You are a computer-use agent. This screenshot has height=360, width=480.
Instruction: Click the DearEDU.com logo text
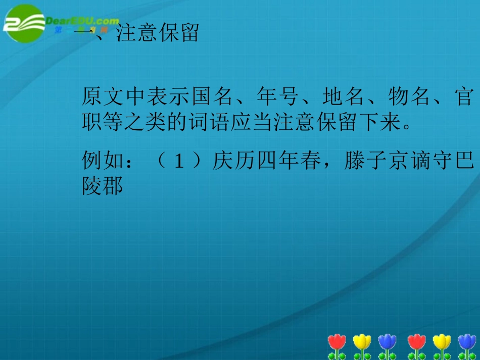tap(83, 21)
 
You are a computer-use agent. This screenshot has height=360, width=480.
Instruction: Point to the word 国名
tap(211, 96)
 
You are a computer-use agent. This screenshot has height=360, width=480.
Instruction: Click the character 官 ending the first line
tap(463, 96)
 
